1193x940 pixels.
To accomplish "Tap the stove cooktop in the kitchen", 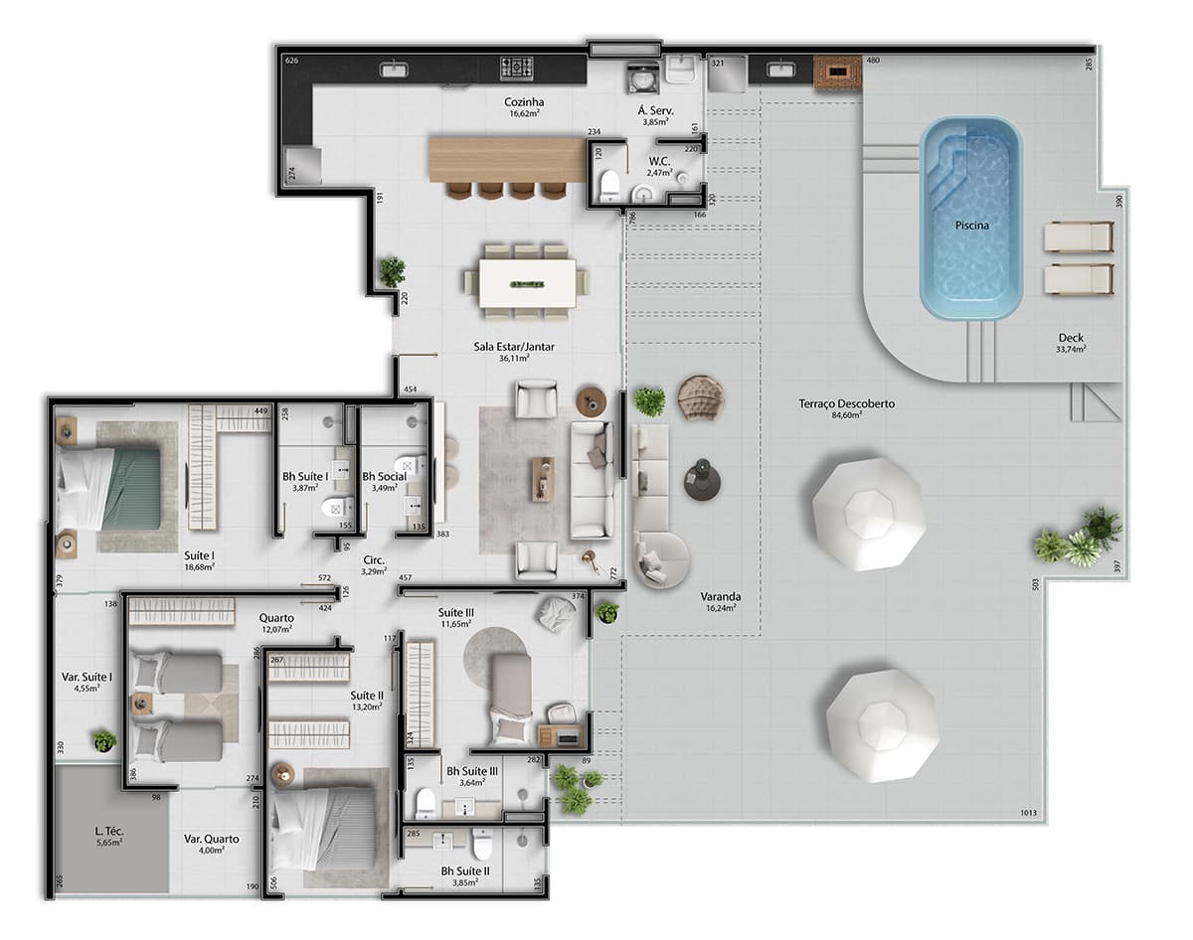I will point(516,68).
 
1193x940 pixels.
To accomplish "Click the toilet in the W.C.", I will point(610,184).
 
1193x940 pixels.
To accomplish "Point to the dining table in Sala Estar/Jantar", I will point(527,283).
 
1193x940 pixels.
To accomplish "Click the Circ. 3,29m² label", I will point(375,565).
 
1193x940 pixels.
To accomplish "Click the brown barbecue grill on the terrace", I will point(837,73).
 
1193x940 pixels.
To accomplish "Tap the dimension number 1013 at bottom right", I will point(1028,814).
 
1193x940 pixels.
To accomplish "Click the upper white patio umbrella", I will point(868,513).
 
